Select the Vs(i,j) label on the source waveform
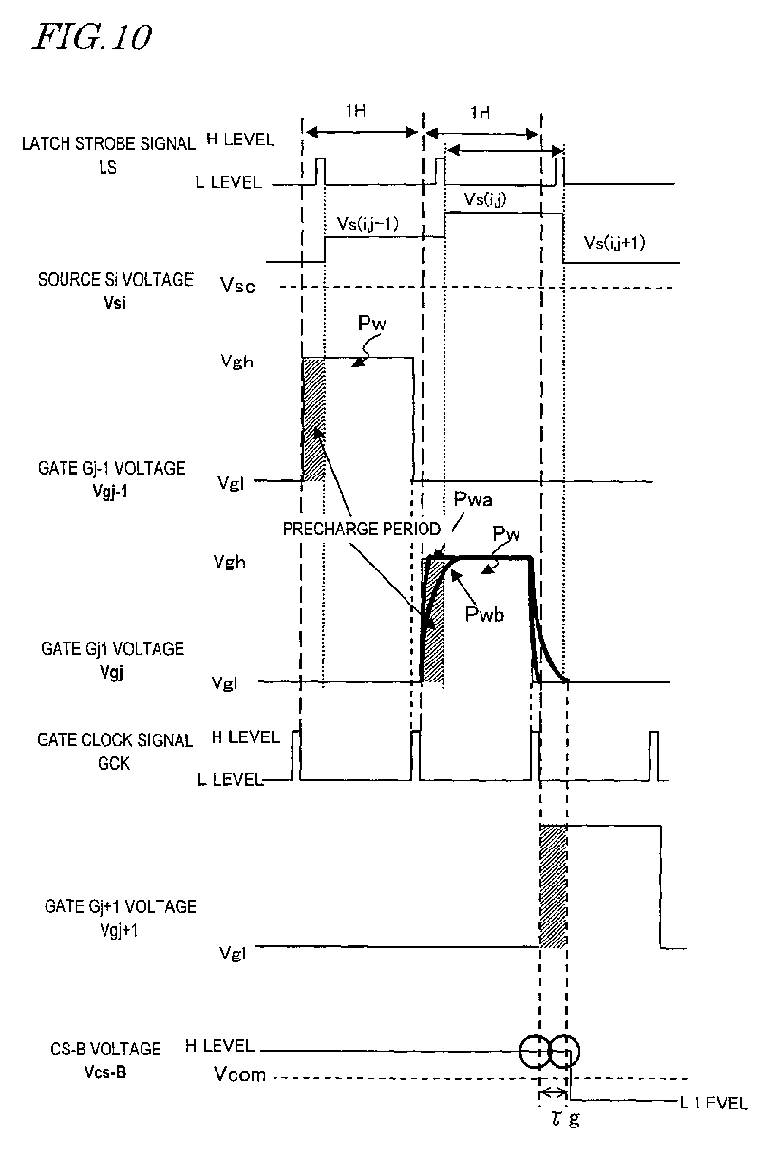coord(485,197)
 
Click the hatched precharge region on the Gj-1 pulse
coord(312,418)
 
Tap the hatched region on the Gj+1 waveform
coord(553,886)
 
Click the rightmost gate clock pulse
coord(653,755)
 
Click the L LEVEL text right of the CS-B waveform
coord(712,1103)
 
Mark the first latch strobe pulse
coord(320,171)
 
